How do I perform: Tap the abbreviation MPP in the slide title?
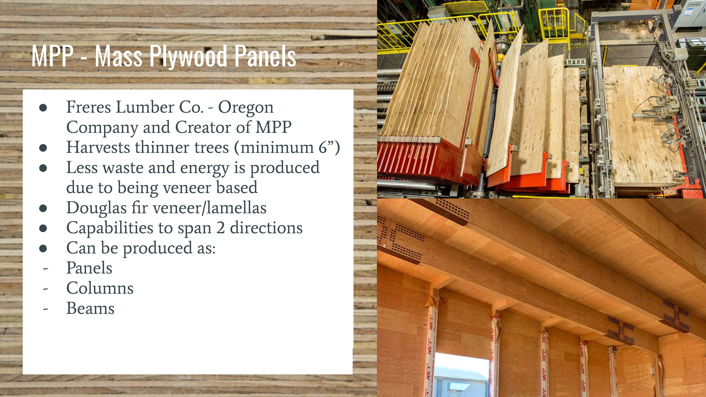coord(52,56)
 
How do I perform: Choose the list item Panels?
coord(89,268)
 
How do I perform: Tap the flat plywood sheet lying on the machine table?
coord(641,126)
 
